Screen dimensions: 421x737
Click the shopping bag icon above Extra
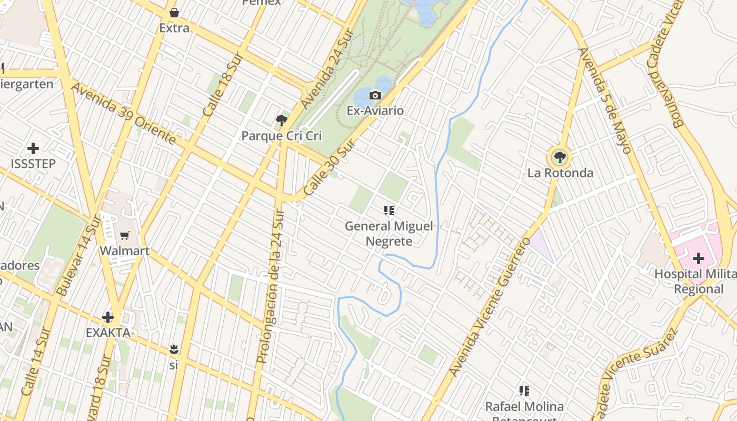point(174,13)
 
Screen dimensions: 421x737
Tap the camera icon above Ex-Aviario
point(375,95)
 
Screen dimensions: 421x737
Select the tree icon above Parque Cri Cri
point(282,121)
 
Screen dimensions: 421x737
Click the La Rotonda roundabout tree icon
point(560,157)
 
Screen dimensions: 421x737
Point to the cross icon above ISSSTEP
point(33,148)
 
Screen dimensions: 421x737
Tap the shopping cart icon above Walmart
point(125,235)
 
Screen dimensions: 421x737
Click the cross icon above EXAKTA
point(108,317)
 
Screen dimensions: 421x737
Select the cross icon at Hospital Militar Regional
point(699,258)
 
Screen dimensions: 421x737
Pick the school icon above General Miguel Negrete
point(389,211)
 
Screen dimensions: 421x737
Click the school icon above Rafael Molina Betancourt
point(524,391)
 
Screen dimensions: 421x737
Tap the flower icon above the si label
point(174,349)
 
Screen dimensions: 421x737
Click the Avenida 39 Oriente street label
point(123,113)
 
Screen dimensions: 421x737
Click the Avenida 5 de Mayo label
point(605,100)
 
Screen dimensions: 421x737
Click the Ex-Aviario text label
point(375,111)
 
